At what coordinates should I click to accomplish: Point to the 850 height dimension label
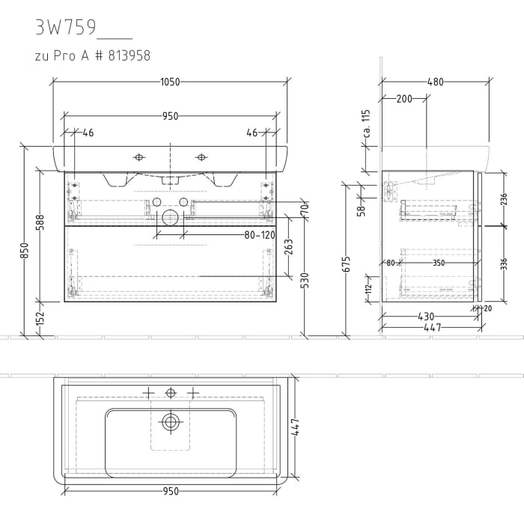24,250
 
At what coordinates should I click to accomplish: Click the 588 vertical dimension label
40,223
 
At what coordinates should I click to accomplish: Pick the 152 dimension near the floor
40,319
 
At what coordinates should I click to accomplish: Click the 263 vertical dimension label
289,248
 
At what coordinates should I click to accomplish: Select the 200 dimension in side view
403,99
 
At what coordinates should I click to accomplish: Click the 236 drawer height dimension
504,199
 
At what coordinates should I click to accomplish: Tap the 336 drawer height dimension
504,263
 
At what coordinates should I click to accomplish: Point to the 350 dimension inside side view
438,263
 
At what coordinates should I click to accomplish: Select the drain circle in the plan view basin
171,422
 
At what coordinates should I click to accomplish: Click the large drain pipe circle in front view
171,219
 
